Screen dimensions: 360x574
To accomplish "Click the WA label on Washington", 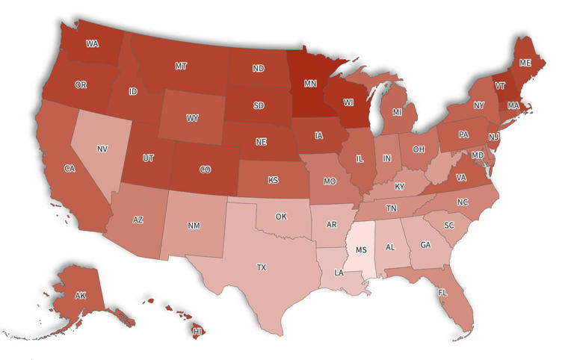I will (x=92, y=44).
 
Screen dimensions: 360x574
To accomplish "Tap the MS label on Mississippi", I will (x=361, y=249).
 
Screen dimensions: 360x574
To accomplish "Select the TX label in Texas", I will (x=262, y=267).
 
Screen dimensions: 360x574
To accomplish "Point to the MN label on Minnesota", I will (x=309, y=84).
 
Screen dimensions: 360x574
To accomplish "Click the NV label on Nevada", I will (x=102, y=149).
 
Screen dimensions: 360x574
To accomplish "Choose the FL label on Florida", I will (x=442, y=292).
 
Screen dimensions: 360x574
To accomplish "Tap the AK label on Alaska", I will (x=80, y=296).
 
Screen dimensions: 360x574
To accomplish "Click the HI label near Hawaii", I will (x=198, y=331).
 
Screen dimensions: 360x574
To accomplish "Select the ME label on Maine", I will (x=525, y=63).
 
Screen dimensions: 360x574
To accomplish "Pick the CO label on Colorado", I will (x=205, y=170).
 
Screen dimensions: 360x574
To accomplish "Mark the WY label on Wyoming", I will (x=192, y=118).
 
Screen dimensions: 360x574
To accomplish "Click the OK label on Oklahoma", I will (x=281, y=217).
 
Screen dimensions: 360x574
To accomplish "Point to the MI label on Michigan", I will (x=397, y=112).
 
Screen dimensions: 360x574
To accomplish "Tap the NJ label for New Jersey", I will (x=494, y=137).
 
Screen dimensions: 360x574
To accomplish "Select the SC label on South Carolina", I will (x=449, y=225).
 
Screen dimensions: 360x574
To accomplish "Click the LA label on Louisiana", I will (x=339, y=273).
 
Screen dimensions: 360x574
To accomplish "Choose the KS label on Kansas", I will (x=274, y=180).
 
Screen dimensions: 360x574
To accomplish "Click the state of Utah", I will (x=149, y=158).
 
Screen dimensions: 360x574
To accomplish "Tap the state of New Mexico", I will (x=194, y=225).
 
